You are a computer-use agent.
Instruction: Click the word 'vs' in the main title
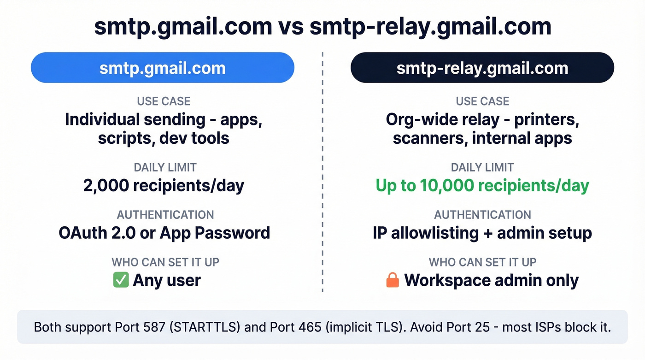click(x=291, y=28)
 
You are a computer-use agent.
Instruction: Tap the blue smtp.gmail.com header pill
click(x=162, y=68)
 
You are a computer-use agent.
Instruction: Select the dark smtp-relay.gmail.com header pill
click(x=482, y=68)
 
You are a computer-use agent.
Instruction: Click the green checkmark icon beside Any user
click(x=121, y=280)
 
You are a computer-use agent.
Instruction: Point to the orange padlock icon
click(x=393, y=280)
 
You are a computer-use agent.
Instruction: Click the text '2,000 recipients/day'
click(x=164, y=186)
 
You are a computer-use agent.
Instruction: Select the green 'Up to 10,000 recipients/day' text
click(x=482, y=186)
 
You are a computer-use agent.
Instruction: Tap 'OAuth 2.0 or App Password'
click(x=164, y=233)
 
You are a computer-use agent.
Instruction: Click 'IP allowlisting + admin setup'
click(x=482, y=233)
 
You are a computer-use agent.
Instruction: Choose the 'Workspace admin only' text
click(x=491, y=280)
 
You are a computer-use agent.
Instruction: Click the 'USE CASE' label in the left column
click(x=164, y=101)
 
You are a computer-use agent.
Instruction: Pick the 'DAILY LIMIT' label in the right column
click(x=482, y=167)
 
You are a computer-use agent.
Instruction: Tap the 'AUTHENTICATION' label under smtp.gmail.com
click(x=165, y=215)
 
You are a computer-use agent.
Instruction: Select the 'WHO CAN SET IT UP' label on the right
click(x=482, y=262)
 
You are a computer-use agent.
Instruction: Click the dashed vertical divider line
click(x=322, y=184)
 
